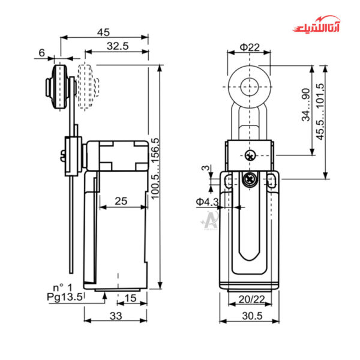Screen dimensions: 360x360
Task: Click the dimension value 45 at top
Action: point(104,32)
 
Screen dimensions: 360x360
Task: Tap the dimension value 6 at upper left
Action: point(42,53)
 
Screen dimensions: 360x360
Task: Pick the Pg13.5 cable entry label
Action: point(65,296)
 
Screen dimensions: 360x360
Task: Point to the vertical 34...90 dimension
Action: point(306,107)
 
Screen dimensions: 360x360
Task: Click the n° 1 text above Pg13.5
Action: point(62,287)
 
